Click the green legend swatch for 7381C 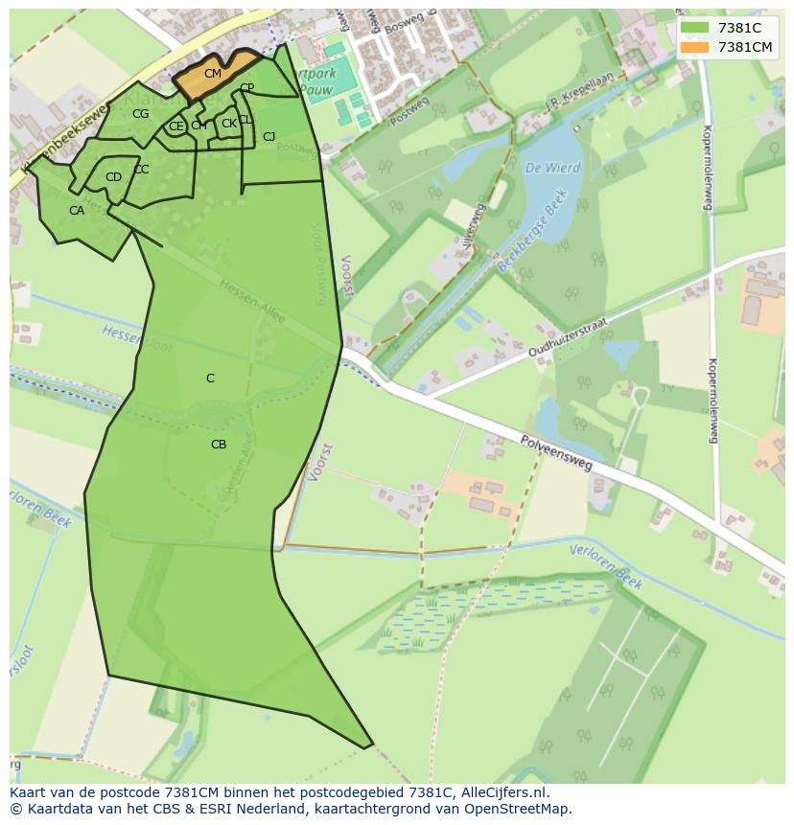click(x=694, y=28)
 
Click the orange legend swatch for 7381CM click(x=694, y=47)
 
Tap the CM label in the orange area click(x=213, y=74)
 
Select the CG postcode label click(x=141, y=114)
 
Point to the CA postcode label click(x=77, y=211)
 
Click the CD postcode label click(x=113, y=177)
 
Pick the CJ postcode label click(x=269, y=137)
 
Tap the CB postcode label click(x=219, y=445)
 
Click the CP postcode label click(x=246, y=88)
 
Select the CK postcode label click(x=228, y=124)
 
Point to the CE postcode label click(x=175, y=126)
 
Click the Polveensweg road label click(x=557, y=452)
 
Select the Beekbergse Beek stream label click(x=533, y=231)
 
